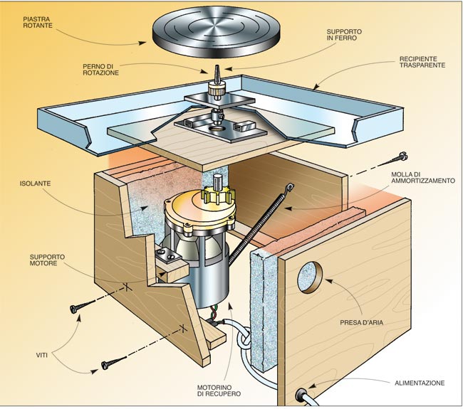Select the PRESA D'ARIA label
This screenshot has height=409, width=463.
pyautogui.click(x=373, y=321)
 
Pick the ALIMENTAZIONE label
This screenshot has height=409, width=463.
pyautogui.click(x=420, y=383)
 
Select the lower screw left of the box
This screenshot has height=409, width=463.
pyautogui.click(x=109, y=365)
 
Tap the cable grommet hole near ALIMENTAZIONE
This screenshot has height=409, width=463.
pyautogui.click(x=301, y=393)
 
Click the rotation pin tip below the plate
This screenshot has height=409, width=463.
pyautogui.click(x=214, y=73)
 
